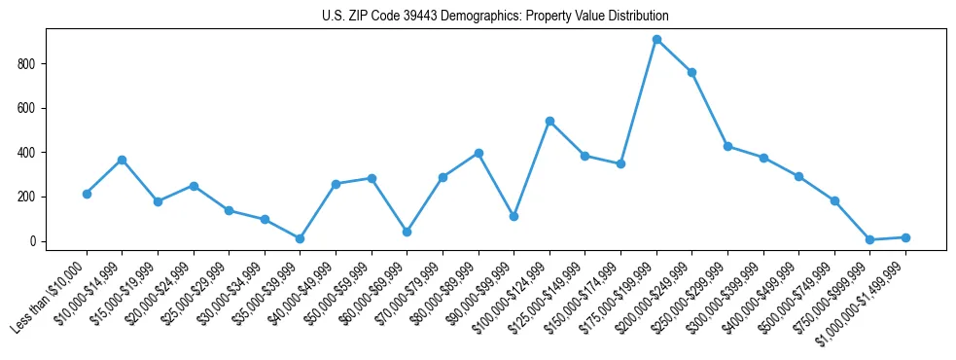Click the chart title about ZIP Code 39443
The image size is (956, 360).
(x=495, y=16)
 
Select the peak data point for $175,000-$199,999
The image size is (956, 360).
(x=656, y=40)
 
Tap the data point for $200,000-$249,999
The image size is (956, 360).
(x=691, y=72)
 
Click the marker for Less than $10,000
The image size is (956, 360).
(x=87, y=194)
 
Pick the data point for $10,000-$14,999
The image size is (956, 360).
(x=123, y=160)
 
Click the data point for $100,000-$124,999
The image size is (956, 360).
(x=549, y=121)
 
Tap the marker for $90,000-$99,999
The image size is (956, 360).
(x=513, y=216)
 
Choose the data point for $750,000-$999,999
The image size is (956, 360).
(x=869, y=239)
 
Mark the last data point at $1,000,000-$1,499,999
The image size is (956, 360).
(x=905, y=237)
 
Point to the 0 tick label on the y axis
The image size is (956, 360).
(x=32, y=241)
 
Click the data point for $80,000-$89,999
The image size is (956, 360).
(x=478, y=153)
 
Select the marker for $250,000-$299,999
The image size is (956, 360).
(x=727, y=146)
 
